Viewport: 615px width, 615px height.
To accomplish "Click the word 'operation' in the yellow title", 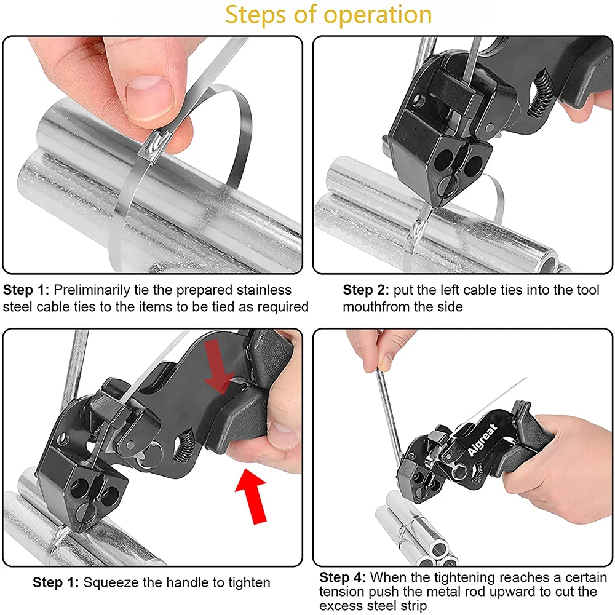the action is point(378,15).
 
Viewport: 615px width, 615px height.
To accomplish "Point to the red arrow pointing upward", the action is point(252,495).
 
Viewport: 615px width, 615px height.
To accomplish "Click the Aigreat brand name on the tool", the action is point(483,440).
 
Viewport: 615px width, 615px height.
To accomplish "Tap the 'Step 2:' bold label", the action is point(365,290).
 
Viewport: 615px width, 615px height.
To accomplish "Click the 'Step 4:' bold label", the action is point(343,577).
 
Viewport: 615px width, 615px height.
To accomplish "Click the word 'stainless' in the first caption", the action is point(264,290).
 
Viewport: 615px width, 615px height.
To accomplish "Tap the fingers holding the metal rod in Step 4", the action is point(376,352).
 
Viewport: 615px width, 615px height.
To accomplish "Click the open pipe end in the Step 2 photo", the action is point(547,263).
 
